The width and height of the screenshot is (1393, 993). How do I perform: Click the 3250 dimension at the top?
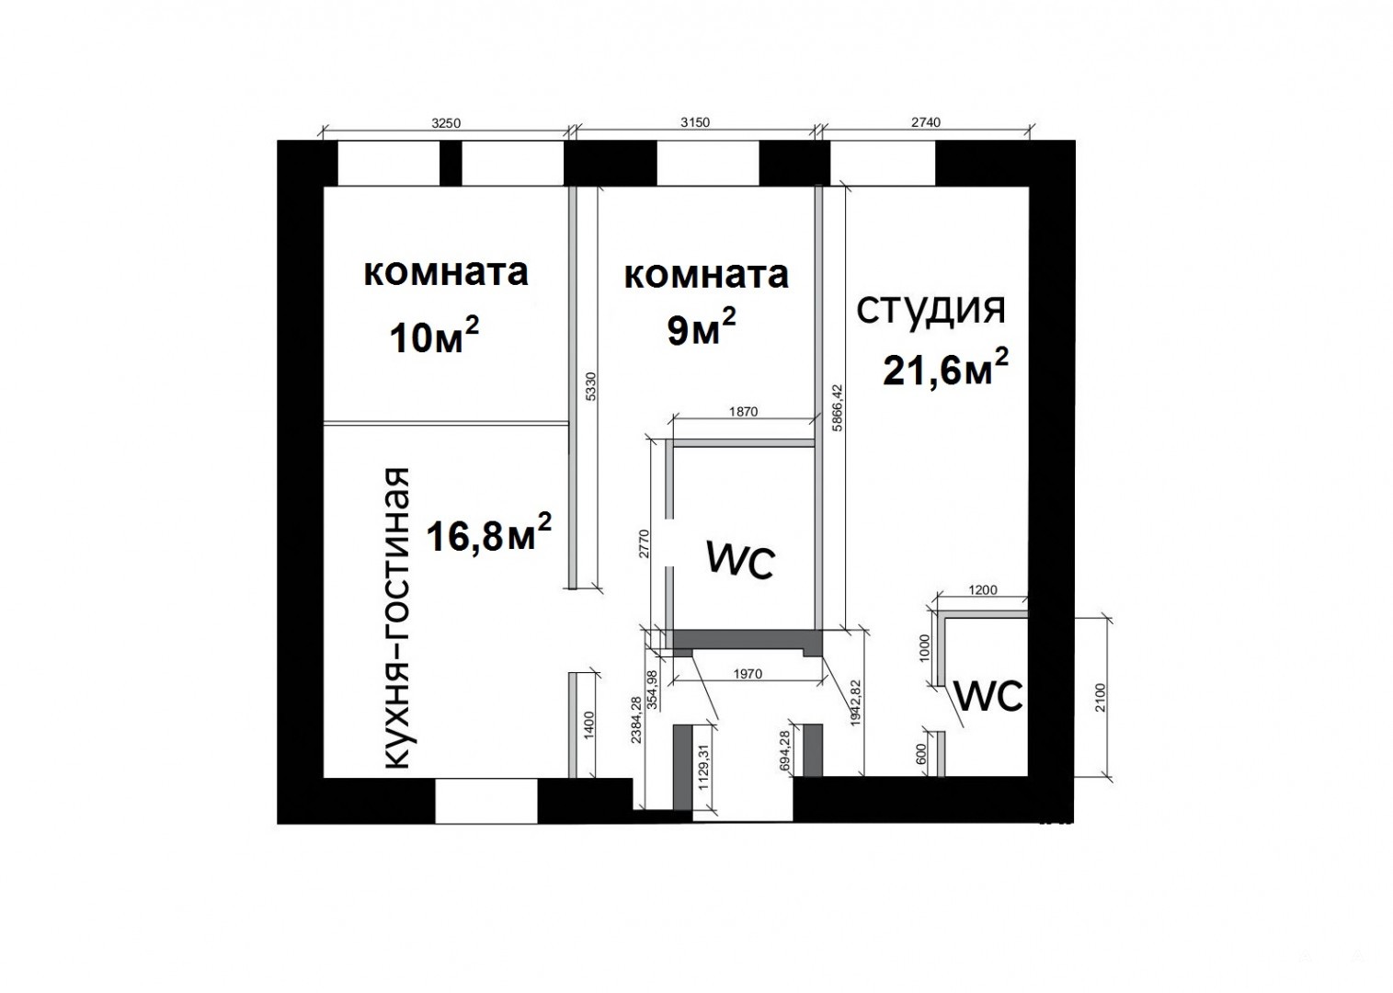pyautogui.click(x=446, y=123)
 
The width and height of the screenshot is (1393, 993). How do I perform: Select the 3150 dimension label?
pyautogui.click(x=694, y=122)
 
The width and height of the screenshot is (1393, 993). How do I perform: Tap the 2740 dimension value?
pyautogui.click(x=926, y=122)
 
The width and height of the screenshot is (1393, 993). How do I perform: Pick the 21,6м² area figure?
pyautogui.click(x=945, y=368)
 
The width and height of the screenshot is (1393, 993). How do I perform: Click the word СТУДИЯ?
pyautogui.click(x=931, y=310)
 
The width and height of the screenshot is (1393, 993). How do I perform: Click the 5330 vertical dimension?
pyautogui.click(x=591, y=386)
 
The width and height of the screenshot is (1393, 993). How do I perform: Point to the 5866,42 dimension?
pyautogui.click(x=837, y=407)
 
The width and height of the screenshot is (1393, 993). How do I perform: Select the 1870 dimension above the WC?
pyautogui.click(x=743, y=412)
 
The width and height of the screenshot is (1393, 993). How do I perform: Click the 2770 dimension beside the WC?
pyautogui.click(x=644, y=543)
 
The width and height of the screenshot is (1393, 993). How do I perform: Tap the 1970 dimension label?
pyautogui.click(x=748, y=673)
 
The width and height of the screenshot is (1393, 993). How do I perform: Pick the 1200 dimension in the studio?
pyautogui.click(x=983, y=589)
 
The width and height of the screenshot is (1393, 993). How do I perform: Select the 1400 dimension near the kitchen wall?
pyautogui.click(x=589, y=725)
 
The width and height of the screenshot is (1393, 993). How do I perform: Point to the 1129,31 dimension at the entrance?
pyautogui.click(x=703, y=768)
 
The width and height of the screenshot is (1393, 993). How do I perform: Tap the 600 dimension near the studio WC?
pyautogui.click(x=921, y=754)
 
